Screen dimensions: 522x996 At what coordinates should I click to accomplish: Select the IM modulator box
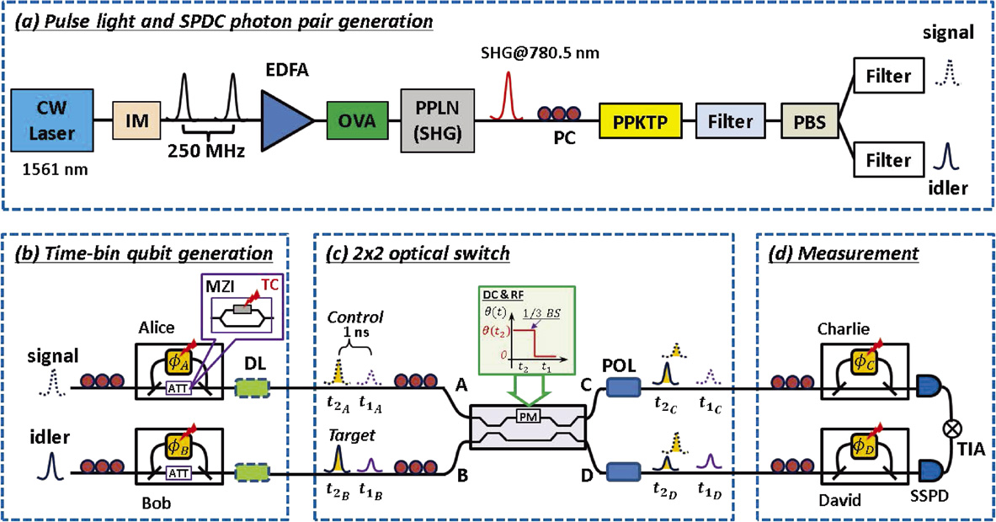pos(136,123)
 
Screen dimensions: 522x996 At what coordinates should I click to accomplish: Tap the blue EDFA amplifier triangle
pos(288,122)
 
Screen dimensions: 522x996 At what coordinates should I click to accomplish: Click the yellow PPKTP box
pos(635,123)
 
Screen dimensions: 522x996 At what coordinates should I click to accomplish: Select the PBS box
pos(811,123)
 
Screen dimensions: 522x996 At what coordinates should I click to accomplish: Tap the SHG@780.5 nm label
pos(518,54)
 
